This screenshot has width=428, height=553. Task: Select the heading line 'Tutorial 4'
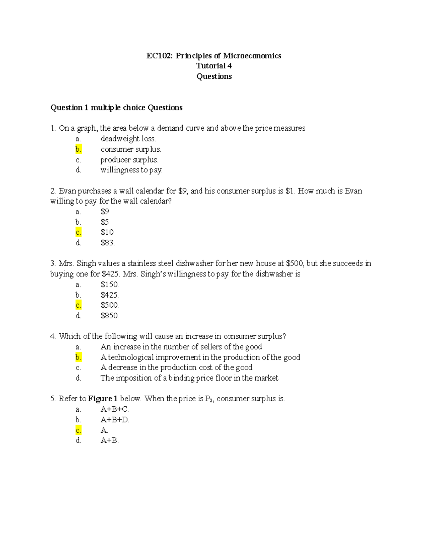[214, 66]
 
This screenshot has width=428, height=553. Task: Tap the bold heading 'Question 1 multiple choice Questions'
[116, 108]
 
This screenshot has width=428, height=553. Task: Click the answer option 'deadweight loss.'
[128, 139]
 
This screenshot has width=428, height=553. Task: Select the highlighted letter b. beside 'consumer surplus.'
[78, 149]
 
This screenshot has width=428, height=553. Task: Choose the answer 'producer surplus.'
[129, 160]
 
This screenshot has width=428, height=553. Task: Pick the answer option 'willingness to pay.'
[131, 170]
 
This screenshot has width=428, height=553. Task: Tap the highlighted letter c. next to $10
[78, 233]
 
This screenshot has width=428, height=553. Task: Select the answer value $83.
[107, 243]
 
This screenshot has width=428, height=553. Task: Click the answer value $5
[105, 222]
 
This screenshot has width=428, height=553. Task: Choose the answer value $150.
[109, 285]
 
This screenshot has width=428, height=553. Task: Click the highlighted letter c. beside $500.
[78, 305]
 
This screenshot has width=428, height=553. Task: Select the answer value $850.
[109, 316]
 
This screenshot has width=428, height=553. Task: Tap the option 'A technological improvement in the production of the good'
[200, 357]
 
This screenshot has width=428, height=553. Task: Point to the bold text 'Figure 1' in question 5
[103, 399]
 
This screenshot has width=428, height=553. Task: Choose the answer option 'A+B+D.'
[115, 420]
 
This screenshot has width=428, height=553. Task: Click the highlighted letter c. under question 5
[78, 430]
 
